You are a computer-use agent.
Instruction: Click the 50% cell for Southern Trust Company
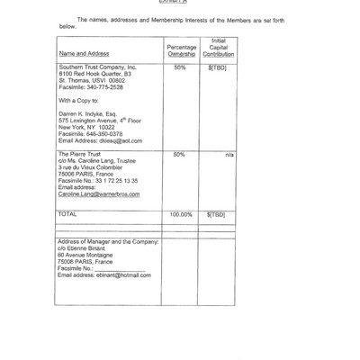[x=179, y=67]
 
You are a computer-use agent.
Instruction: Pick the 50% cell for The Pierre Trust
[x=178, y=155]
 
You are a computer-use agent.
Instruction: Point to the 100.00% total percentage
[x=181, y=215]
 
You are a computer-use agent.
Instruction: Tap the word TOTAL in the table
[x=67, y=215]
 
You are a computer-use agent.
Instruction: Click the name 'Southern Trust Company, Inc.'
[x=96, y=67]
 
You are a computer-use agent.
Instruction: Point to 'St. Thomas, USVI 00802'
[x=89, y=82]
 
